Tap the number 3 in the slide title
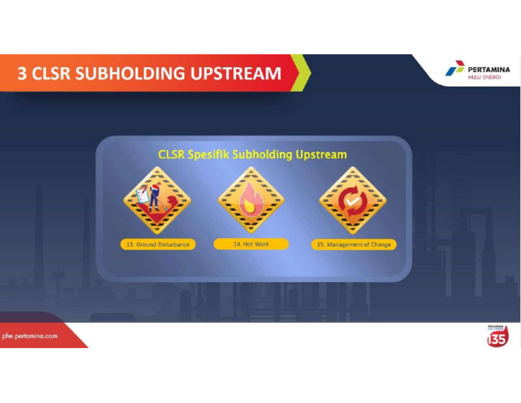pyautogui.click(x=22, y=73)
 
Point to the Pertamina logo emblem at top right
pyautogui.click(x=455, y=69)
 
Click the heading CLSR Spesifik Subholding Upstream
pyautogui.click(x=252, y=155)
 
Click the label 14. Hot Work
pyautogui.click(x=251, y=244)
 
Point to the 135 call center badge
pyautogui.click(x=497, y=336)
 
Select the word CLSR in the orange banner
pyautogui.click(x=50, y=73)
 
